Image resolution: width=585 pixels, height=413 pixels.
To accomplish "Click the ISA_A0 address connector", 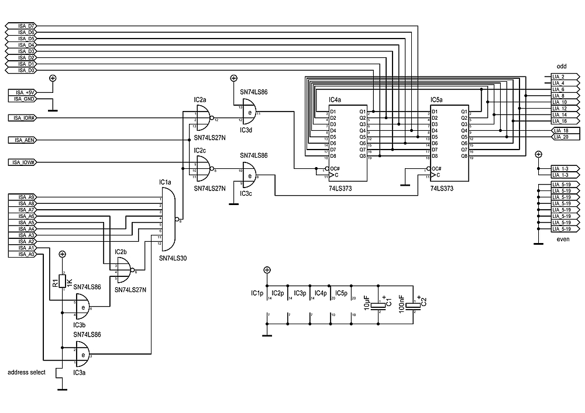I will [23, 254].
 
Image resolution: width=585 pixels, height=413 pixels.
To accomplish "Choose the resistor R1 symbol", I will [62, 282].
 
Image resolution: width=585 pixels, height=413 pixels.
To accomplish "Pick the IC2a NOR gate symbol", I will [202, 120].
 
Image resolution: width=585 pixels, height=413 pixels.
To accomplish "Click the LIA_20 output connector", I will [565, 137].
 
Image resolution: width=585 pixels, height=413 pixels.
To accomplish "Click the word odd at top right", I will [561, 67].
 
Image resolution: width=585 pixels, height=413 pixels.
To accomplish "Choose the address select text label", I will [26, 372].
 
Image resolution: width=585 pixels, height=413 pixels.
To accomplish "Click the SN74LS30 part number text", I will [173, 258].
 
